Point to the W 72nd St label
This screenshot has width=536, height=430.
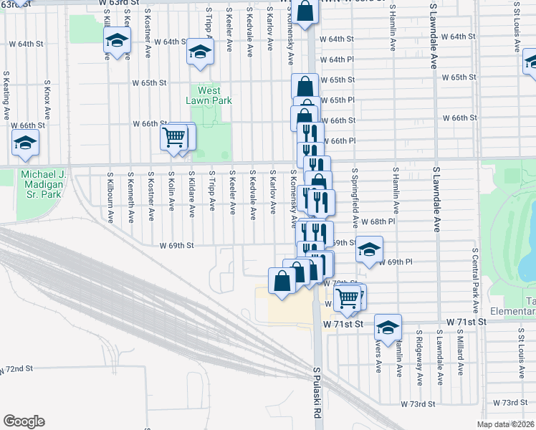(x=17, y=368)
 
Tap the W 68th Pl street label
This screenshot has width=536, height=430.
(x=378, y=221)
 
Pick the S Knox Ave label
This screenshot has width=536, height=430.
(x=47, y=103)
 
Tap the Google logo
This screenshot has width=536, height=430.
(x=24, y=421)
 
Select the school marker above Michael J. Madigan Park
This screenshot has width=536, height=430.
(x=25, y=143)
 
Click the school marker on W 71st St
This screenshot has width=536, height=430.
(x=388, y=328)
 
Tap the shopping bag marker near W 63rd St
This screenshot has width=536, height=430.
(x=305, y=12)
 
